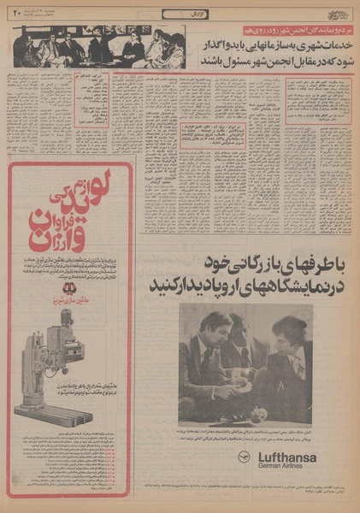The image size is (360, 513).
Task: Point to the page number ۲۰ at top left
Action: pos(15,12)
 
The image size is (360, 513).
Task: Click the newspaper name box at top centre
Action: pos(179,11)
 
